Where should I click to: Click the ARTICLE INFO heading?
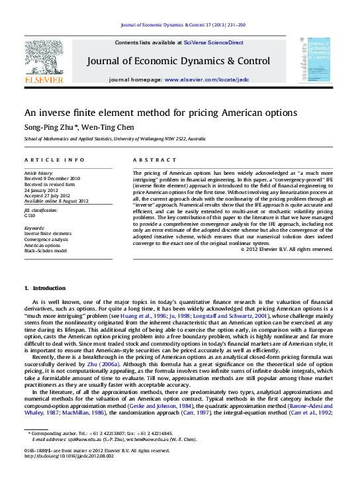point(54,160)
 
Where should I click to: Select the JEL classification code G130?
point(30,216)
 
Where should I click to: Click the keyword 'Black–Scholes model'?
point(46,250)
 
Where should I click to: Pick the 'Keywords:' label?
point(35,228)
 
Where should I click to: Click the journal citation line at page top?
point(183,25)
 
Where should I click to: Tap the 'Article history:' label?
point(40,173)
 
